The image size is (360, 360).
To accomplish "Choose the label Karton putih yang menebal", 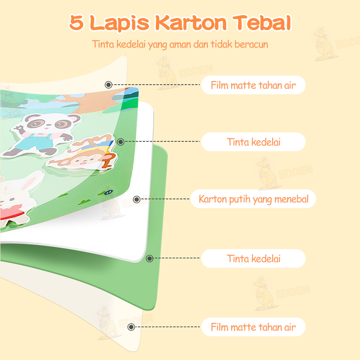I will click(253, 199).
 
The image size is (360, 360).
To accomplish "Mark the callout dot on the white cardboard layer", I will click(136, 199).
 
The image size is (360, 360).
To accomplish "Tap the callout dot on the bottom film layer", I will click(131, 327).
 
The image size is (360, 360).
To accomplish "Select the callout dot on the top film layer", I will click(108, 85).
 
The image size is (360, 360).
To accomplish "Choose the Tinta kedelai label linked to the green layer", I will click(253, 258).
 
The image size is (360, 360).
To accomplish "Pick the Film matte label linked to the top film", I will click(253, 85).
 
